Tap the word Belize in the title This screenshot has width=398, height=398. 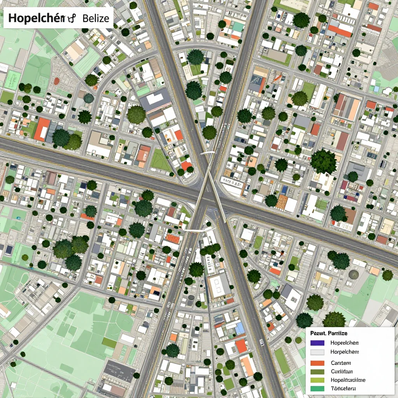[96, 18]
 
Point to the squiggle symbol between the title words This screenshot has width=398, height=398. [71, 18]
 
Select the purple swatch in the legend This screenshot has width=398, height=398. [318, 343]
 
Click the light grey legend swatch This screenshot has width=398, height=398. [318, 352]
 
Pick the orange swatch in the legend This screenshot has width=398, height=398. [318, 363]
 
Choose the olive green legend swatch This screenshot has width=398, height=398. [318, 371]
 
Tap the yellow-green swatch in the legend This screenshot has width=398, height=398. [318, 380]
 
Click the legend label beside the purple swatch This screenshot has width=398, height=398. [344, 343]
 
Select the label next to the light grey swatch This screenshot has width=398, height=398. [344, 352]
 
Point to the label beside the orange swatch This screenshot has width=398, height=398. [341, 363]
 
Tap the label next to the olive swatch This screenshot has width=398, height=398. [341, 371]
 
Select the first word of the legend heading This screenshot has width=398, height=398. [318, 333]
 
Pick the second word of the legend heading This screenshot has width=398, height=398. [337, 333]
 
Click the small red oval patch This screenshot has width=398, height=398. [57, 81]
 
